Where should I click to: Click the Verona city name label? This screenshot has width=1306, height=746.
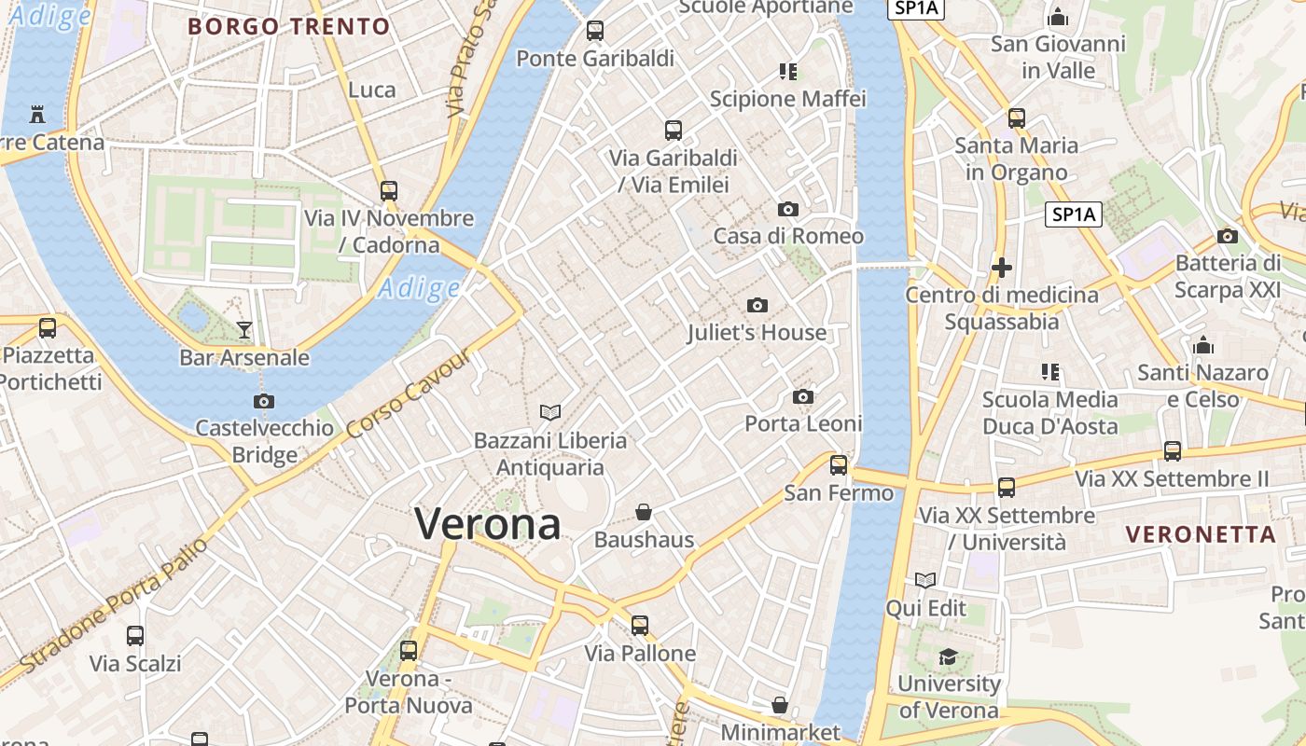pyautogui.click(x=488, y=524)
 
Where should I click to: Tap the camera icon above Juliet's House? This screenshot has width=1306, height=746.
pyautogui.click(x=757, y=305)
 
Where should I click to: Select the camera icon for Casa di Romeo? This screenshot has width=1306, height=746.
pyautogui.click(x=788, y=209)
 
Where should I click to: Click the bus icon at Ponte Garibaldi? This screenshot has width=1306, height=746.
pyautogui.click(x=595, y=31)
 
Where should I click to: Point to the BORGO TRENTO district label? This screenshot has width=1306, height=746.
pyautogui.click(x=289, y=26)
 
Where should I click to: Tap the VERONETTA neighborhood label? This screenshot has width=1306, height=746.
pyautogui.click(x=1201, y=534)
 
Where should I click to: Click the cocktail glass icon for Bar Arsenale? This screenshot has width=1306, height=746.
pyautogui.click(x=244, y=329)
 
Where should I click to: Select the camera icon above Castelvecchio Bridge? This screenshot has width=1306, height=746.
pyautogui.click(x=264, y=401)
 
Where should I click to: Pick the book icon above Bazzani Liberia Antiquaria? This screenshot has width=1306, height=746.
pyautogui.click(x=550, y=412)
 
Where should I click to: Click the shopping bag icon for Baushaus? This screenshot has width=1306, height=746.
pyautogui.click(x=644, y=512)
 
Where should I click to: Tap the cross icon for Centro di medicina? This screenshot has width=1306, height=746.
pyautogui.click(x=1002, y=269)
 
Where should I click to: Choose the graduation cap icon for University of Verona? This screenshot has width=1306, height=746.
pyautogui.click(x=948, y=656)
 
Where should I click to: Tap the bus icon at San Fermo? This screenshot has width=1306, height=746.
pyautogui.click(x=839, y=464)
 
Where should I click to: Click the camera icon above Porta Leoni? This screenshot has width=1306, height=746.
pyautogui.click(x=802, y=397)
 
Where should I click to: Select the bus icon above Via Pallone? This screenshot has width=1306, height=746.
pyautogui.click(x=640, y=625)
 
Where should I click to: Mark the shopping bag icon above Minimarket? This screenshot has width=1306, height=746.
pyautogui.click(x=780, y=706)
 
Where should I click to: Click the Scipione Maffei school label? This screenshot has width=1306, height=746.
pyautogui.click(x=788, y=99)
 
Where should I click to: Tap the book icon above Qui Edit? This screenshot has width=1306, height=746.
pyautogui.click(x=925, y=581)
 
